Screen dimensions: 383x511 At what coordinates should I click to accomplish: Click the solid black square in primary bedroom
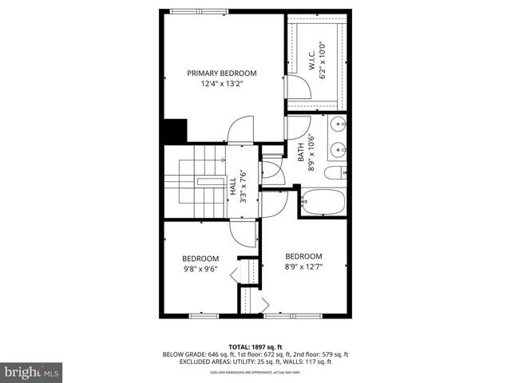pyautogui.click(x=174, y=131)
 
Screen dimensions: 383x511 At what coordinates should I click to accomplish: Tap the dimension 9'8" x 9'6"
pyautogui.click(x=200, y=268)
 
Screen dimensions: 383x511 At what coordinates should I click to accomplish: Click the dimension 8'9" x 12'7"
pyautogui.click(x=304, y=266)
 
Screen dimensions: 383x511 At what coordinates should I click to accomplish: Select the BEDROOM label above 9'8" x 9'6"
pyautogui.click(x=200, y=258)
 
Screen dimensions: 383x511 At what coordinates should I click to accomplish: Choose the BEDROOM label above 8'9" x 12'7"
pyautogui.click(x=304, y=255)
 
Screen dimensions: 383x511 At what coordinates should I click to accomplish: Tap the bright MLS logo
pyautogui.click(x=32, y=371)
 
